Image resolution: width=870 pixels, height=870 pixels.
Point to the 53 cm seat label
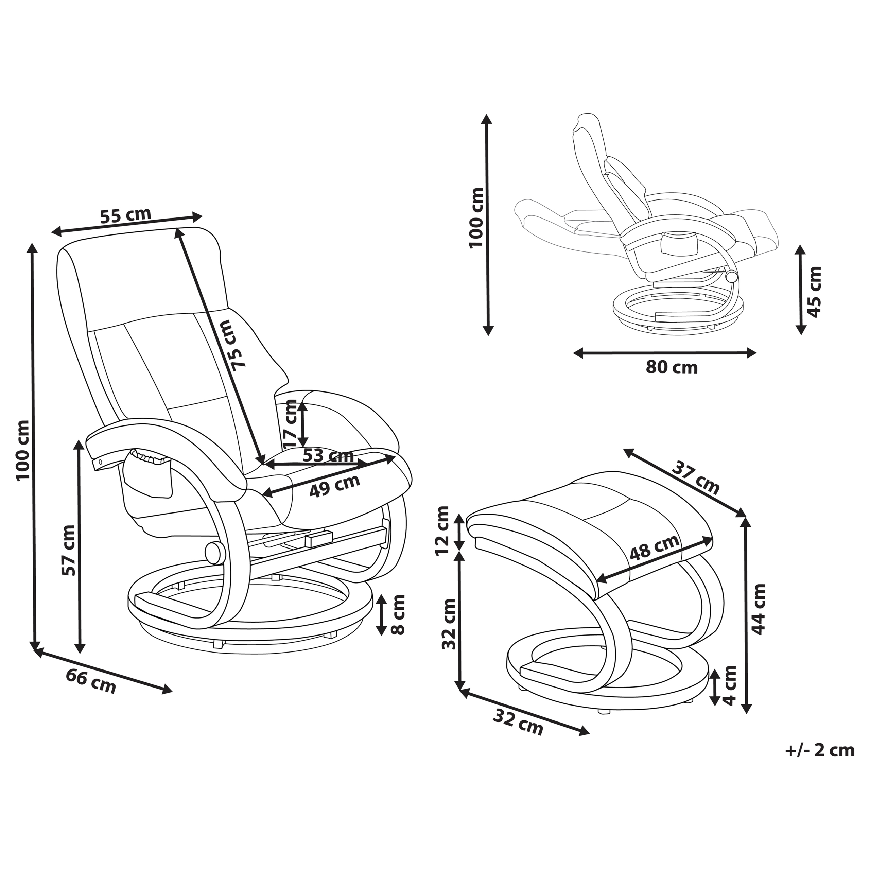328,455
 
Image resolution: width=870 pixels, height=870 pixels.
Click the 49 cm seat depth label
335,485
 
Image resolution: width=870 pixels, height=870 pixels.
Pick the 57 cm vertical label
69,550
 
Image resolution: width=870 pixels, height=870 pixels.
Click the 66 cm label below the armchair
91,681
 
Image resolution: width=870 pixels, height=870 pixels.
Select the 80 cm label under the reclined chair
672,367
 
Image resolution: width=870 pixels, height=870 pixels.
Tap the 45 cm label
815,292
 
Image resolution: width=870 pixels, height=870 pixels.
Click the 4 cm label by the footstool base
729,685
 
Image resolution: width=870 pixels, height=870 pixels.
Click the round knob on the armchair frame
215,553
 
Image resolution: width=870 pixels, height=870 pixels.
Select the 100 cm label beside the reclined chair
476,218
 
